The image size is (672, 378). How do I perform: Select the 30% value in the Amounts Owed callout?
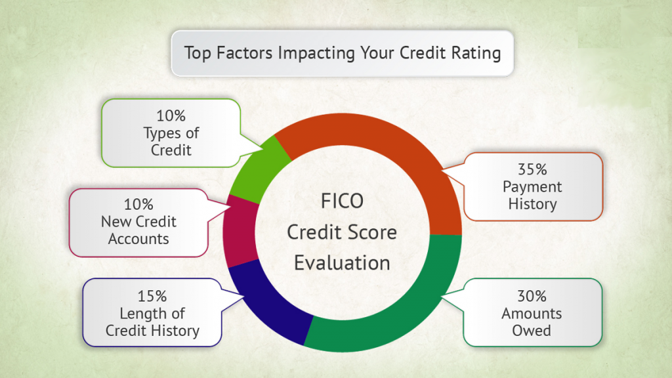[532, 296]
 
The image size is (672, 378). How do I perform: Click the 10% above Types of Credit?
[171, 115]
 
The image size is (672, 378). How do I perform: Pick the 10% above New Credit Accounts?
[138, 205]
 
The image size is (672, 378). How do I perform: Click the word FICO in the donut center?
[342, 201]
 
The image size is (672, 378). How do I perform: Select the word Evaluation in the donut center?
[342, 263]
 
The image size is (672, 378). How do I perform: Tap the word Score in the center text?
[373, 232]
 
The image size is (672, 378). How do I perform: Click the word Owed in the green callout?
[532, 331]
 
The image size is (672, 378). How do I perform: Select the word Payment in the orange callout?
[532, 187]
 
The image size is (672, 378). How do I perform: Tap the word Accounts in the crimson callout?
[138, 240]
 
